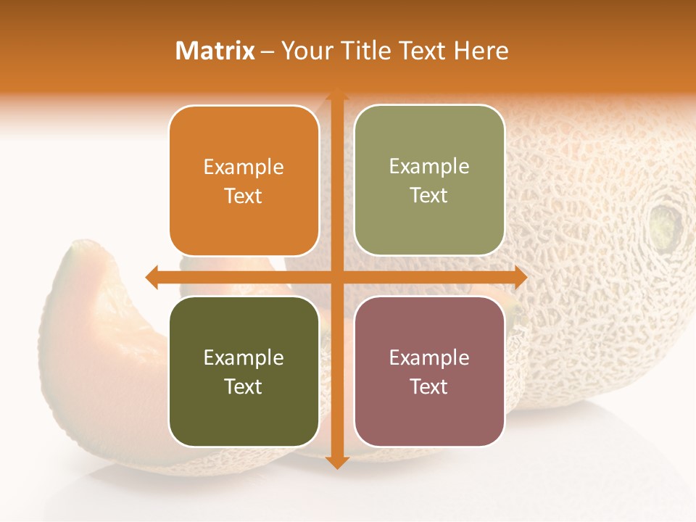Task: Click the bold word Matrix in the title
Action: pyautogui.click(x=215, y=51)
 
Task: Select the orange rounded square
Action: pyautogui.click(x=244, y=181)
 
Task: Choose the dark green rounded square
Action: pyautogui.click(x=244, y=371)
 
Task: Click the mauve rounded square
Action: pyautogui.click(x=429, y=371)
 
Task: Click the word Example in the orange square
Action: pyautogui.click(x=244, y=167)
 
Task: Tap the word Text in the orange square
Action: pyautogui.click(x=244, y=196)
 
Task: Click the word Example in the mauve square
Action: pyautogui.click(x=429, y=357)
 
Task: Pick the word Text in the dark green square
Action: pyautogui.click(x=244, y=386)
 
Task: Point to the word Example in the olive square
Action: pyautogui.click(x=429, y=167)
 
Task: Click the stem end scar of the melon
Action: pyautogui.click(x=665, y=224)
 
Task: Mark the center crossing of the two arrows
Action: pyautogui.click(x=336, y=277)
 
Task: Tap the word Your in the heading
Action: pyautogui.click(x=304, y=51)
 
